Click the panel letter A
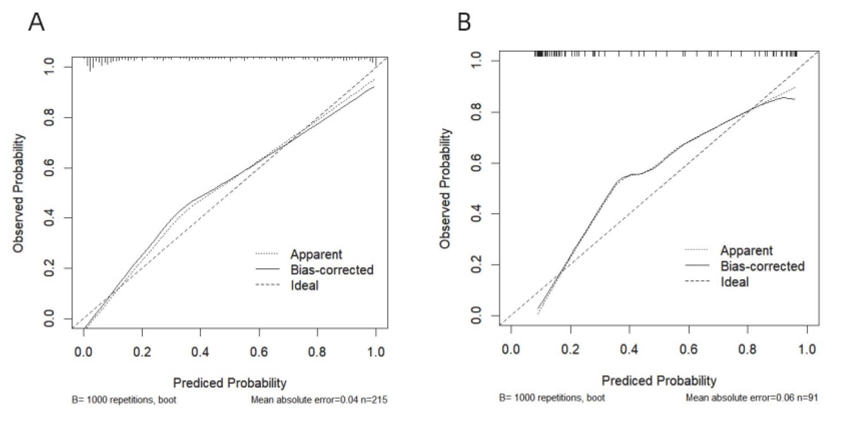tap(36, 21)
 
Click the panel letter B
tap(464, 21)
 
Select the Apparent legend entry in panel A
tap(316, 254)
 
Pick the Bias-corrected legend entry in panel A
tap(332, 270)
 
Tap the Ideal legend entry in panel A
tap(304, 286)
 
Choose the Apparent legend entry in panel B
tap(746, 251)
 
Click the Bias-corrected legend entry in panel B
tap(762, 267)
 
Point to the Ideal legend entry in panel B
tap(734, 282)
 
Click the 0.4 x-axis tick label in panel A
tap(200, 352)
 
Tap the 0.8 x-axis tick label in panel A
tap(317, 352)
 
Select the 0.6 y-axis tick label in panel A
tap(49, 168)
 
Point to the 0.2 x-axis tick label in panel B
tap(570, 349)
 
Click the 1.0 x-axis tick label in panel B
tap(807, 349)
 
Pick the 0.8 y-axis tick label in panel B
tap(476, 112)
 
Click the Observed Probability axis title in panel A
tap(18, 193)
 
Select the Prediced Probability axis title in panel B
tap(659, 381)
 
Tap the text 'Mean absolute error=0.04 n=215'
tap(319, 400)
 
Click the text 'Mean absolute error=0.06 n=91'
tap(752, 397)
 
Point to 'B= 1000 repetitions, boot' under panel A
tap(124, 400)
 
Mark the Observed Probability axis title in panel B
tap(445, 188)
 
